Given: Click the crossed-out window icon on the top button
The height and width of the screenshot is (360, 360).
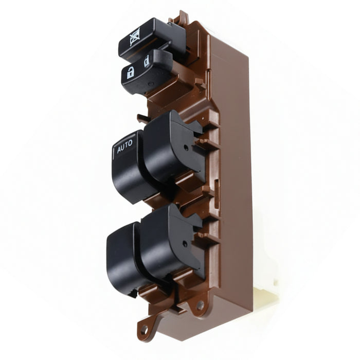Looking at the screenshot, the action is tap(135, 37).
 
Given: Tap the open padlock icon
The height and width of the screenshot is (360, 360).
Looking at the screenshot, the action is tap(131, 73).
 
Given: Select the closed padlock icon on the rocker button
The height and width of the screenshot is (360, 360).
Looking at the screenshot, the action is tap(147, 61).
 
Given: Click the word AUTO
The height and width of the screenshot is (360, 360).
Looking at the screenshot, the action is tap(125, 147).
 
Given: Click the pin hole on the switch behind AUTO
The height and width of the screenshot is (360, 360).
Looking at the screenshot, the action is tap(186, 148).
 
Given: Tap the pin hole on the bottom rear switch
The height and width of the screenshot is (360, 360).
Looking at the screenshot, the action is tap(184, 244).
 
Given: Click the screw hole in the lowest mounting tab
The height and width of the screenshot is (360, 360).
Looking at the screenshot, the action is tap(145, 330).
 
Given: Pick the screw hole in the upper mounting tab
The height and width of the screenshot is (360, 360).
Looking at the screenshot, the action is tap(200, 305).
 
